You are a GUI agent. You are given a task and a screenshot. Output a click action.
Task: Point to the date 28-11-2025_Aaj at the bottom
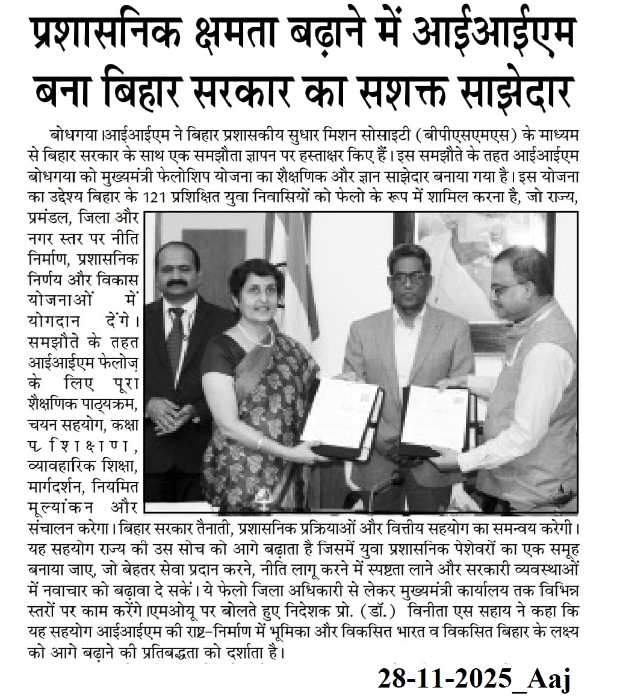click(x=474, y=679)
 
